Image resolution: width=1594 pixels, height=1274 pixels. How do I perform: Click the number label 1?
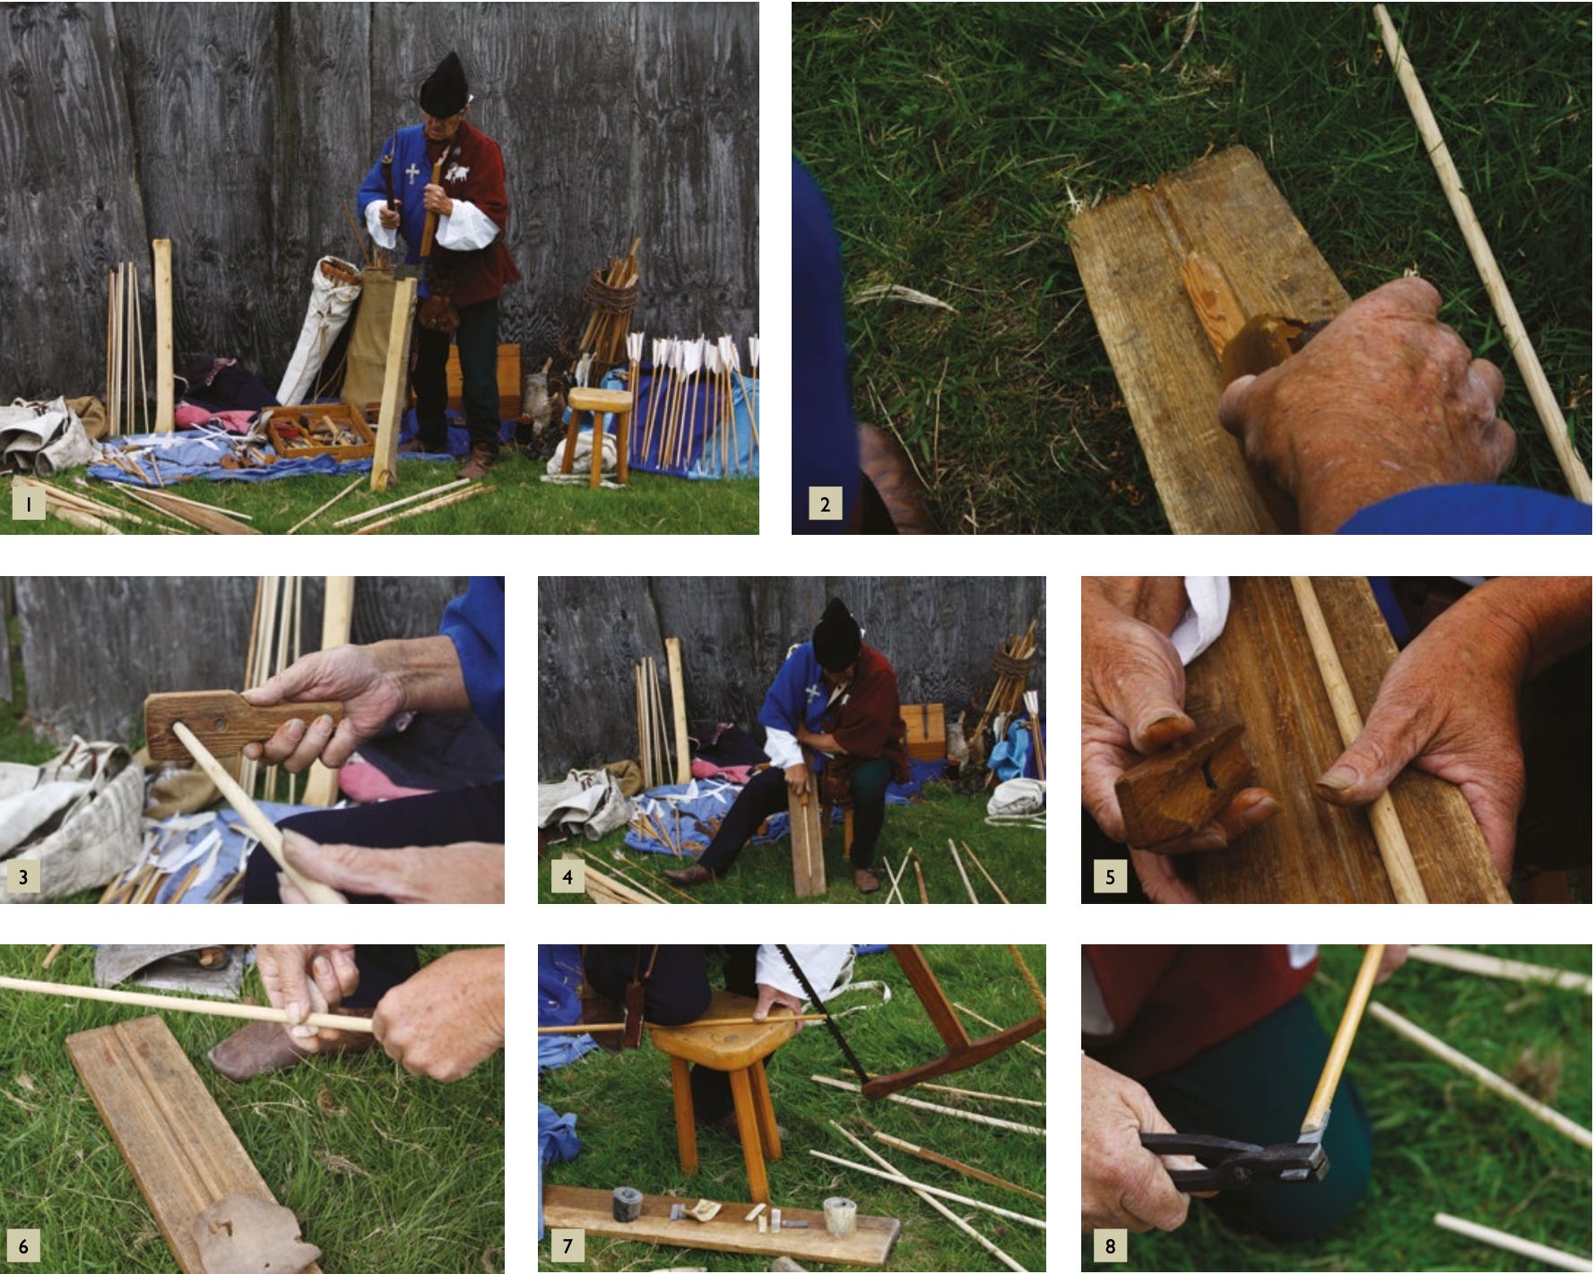(x=29, y=504)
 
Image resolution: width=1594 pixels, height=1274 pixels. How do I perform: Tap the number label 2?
(x=825, y=504)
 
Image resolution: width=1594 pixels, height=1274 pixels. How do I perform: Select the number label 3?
(x=23, y=876)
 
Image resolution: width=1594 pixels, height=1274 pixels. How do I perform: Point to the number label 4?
(x=567, y=876)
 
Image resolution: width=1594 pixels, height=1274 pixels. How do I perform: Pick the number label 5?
(x=1110, y=876)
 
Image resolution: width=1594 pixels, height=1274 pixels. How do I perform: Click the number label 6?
(x=23, y=1245)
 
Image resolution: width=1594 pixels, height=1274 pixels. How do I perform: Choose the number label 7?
(x=567, y=1245)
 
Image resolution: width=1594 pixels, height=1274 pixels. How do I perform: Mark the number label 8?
(x=1110, y=1245)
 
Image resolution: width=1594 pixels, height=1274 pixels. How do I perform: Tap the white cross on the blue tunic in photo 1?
(x=412, y=173)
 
